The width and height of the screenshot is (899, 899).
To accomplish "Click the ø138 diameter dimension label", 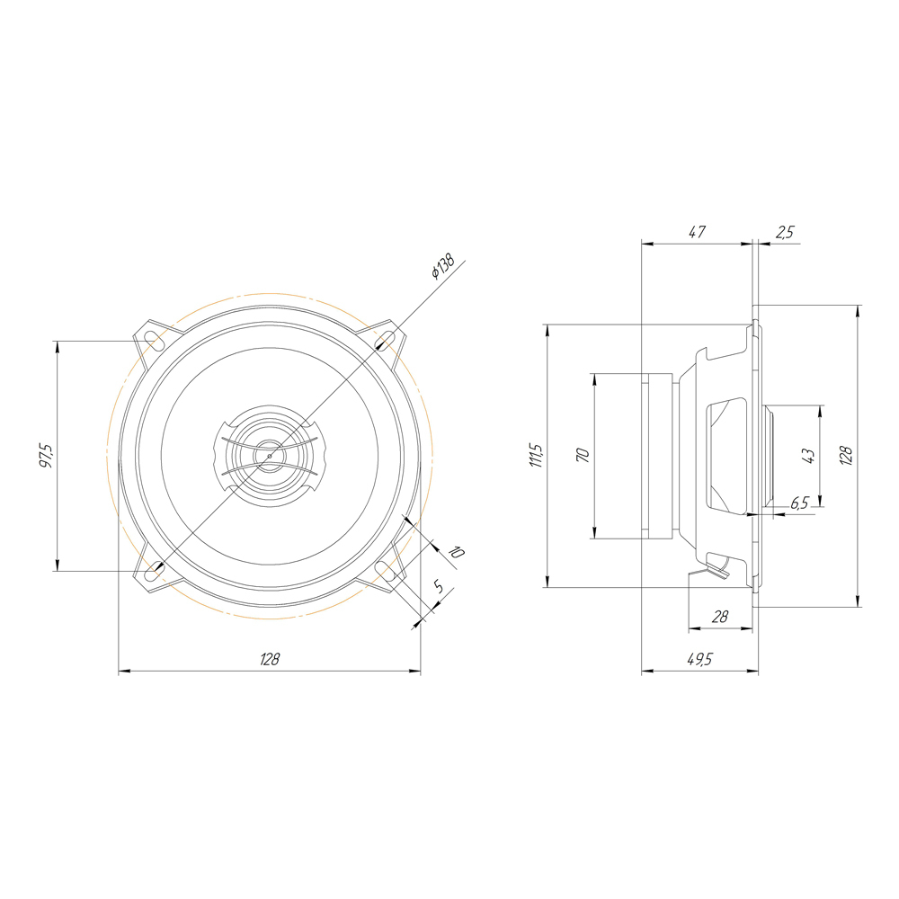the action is pos(443,267).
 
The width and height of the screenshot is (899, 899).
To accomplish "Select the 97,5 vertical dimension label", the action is pos(47,456).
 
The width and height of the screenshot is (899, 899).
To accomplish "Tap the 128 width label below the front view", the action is pos(270,659).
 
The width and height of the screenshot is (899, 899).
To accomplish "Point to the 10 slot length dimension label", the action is pos(456,552).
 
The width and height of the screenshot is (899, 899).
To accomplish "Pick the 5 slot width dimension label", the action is pos(439,586).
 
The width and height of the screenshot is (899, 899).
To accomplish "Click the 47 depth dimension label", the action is pos(697,232).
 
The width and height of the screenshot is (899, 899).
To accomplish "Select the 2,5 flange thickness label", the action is pos(785,232).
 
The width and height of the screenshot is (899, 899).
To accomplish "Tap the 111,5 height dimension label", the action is pos(538,455).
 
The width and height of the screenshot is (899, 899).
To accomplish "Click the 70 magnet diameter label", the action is pos(583,456).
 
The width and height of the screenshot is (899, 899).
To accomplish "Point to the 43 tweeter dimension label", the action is pos(809,456).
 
